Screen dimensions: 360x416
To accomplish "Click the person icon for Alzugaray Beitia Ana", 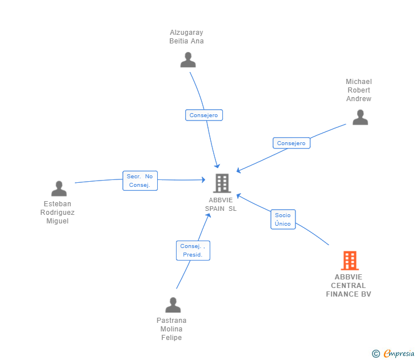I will pos(188,60).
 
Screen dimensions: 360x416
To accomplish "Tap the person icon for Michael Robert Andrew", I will pos(360,117).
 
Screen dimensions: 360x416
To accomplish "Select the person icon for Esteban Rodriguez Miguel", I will pos(59,189).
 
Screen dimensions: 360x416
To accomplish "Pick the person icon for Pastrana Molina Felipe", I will pos(173,305).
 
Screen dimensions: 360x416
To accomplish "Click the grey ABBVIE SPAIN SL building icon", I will pos(222,183).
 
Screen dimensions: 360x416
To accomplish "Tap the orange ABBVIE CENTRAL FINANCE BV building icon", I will pos(350,261).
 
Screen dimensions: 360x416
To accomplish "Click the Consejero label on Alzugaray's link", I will pos(204,115).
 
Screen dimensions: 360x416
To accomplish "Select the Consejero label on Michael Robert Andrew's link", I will pos(291,143).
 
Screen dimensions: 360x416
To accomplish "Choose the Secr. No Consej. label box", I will pos(140,181).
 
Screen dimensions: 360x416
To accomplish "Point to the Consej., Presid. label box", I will pos(193,250).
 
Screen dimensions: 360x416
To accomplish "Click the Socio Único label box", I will pos(283,219).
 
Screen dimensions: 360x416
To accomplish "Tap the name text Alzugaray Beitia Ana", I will pos(186,37).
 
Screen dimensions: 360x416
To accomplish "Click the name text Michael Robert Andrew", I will pos(358,90).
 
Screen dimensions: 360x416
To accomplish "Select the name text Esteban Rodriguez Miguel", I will pos(58,213).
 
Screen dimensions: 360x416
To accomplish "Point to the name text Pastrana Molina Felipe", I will pos(171,329).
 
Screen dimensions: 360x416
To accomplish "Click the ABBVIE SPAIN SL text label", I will pos(221,205).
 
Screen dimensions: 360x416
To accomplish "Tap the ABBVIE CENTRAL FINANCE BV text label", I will pos(349,286).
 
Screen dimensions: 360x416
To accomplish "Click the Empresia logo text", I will pos(399,353).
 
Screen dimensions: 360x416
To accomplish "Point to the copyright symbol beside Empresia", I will pos(376,354).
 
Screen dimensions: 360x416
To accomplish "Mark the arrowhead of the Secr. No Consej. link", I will pos(203,180).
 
